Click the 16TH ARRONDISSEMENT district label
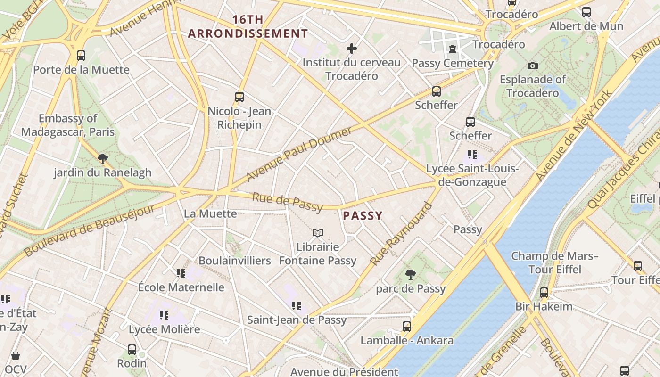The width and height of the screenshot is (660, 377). (x=248, y=27)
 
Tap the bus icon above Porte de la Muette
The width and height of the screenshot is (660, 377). (x=81, y=56)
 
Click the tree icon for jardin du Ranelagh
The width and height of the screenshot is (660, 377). (x=102, y=158)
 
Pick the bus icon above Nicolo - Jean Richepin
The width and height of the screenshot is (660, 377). (x=239, y=97)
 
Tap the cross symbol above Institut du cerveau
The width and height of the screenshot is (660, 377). (x=351, y=48)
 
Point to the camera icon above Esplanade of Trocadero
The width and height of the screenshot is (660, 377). (x=532, y=66)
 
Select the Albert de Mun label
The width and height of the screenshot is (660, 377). (x=586, y=26)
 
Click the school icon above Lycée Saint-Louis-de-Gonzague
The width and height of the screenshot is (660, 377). (x=472, y=155)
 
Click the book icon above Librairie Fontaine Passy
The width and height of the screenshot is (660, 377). (x=318, y=233)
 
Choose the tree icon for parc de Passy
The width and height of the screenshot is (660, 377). (x=411, y=274)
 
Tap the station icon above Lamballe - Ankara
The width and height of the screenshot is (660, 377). (x=406, y=326)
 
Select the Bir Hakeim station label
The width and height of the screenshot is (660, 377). (x=544, y=306)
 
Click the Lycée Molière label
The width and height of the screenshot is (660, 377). (x=164, y=329)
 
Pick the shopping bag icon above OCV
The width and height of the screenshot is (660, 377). (x=16, y=355)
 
